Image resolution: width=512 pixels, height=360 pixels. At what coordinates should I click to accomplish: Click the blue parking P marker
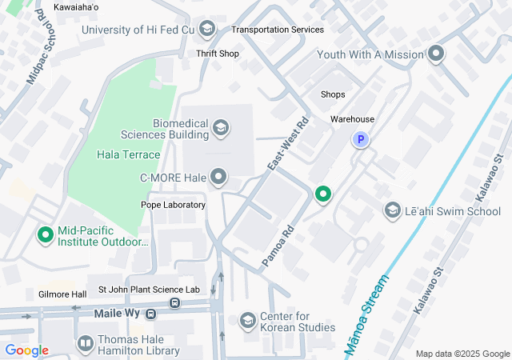pos(361,140)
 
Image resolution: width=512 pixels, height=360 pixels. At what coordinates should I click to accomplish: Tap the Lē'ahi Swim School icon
pos(393,210)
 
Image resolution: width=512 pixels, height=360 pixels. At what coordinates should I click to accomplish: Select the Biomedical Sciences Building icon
pos(220,127)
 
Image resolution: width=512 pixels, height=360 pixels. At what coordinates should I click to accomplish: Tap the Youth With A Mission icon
pos(436,54)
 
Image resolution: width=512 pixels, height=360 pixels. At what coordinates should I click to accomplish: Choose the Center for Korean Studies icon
pos(248,320)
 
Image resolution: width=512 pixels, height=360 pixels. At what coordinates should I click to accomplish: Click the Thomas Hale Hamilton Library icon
pos(85,344)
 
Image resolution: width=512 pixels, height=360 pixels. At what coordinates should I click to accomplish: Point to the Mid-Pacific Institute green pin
pos(46,235)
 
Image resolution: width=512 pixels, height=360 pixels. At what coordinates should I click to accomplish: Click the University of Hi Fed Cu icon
pos(207,30)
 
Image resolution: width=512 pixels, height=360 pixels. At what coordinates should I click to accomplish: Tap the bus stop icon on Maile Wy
pos(174,304)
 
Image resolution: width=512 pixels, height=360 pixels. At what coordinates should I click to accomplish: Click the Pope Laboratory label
pos(174,205)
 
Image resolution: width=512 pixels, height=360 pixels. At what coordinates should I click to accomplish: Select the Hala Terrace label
pos(128,154)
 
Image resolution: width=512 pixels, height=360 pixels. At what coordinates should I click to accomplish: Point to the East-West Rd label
pos(288,146)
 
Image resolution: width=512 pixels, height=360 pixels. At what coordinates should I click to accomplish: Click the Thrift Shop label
pos(218,54)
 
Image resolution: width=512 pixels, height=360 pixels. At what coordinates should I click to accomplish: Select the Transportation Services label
pos(278,30)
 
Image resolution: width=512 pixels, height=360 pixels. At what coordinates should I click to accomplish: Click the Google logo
pos(26,350)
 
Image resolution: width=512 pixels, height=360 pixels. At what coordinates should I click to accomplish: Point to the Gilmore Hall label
pos(62,294)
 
